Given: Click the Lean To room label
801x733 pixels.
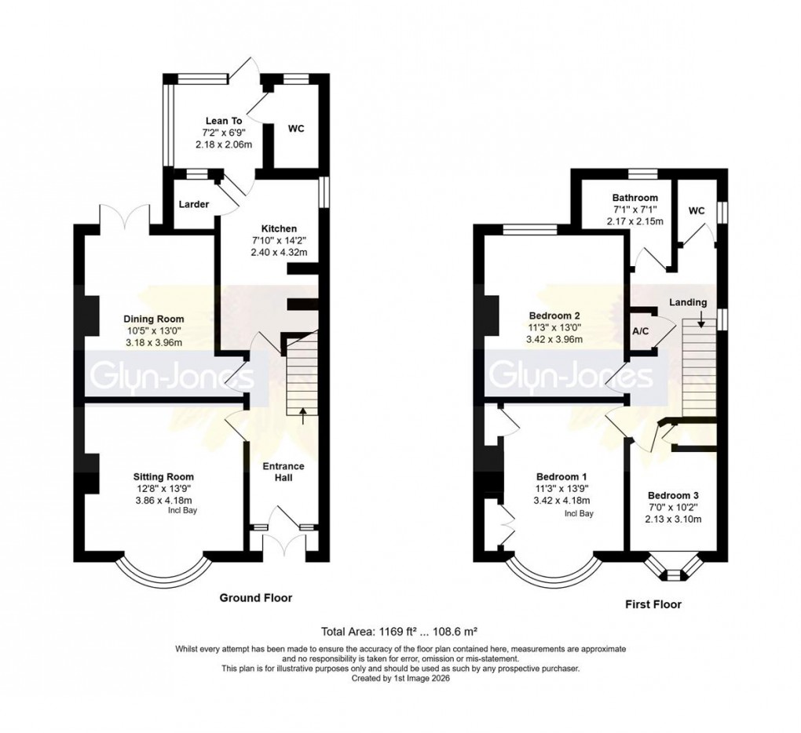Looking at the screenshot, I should pyautogui.click(x=223, y=120).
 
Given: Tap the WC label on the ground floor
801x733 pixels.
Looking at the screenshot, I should pyautogui.click(x=296, y=128).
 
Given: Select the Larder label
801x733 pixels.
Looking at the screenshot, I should pyautogui.click(x=193, y=204).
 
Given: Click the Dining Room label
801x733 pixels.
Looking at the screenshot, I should pyautogui.click(x=153, y=319).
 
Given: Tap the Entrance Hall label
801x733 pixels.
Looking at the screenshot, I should pyautogui.click(x=283, y=472).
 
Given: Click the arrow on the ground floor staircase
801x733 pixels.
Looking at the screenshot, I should pyautogui.click(x=303, y=414).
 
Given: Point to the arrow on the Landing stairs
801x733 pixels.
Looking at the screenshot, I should pyautogui.click(x=700, y=322).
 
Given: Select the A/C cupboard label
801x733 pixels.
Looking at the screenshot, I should pyautogui.click(x=641, y=331).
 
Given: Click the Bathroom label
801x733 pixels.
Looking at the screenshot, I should pyautogui.click(x=635, y=198).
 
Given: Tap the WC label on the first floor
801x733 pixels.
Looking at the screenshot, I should pyautogui.click(x=697, y=211).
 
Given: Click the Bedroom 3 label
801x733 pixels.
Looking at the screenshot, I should pyautogui.click(x=673, y=496).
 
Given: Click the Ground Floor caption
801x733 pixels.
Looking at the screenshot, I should pyautogui.click(x=255, y=598).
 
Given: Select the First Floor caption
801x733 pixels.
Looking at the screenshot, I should pyautogui.click(x=653, y=604).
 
